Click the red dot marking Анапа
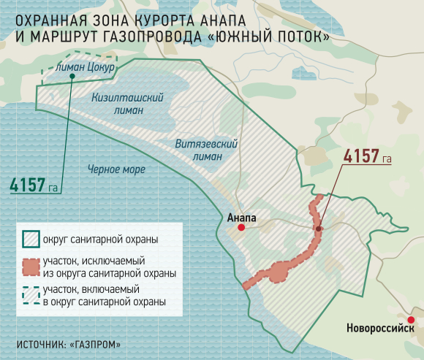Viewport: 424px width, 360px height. click(x=241, y=227)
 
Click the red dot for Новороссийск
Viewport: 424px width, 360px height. click(x=411, y=319)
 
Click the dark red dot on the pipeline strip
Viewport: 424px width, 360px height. click(x=319, y=229)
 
